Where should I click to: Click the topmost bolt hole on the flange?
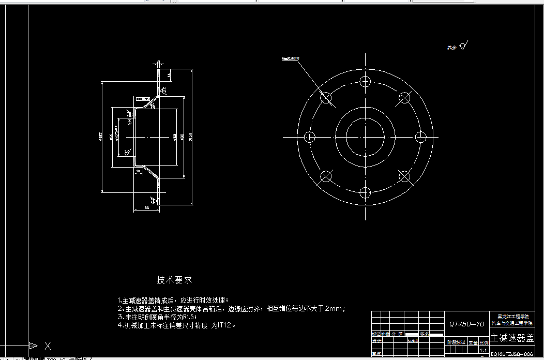pos(366,81)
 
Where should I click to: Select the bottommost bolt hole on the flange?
pos(366,193)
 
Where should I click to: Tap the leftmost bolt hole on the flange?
pos(310,137)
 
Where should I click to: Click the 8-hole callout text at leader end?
pos(291,59)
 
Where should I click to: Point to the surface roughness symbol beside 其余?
pos(463,46)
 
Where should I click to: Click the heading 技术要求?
pos(174,280)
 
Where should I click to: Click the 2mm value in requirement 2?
pos(334,308)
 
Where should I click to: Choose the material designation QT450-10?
pos(467,324)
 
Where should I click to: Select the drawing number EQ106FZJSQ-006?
pos(511,354)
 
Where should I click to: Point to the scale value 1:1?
pos(483,350)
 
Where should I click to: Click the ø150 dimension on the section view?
pos(191,137)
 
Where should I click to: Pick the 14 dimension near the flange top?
pos(169,76)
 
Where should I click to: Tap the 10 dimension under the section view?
pos(138,171)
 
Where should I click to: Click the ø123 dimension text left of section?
pos(101,137)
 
